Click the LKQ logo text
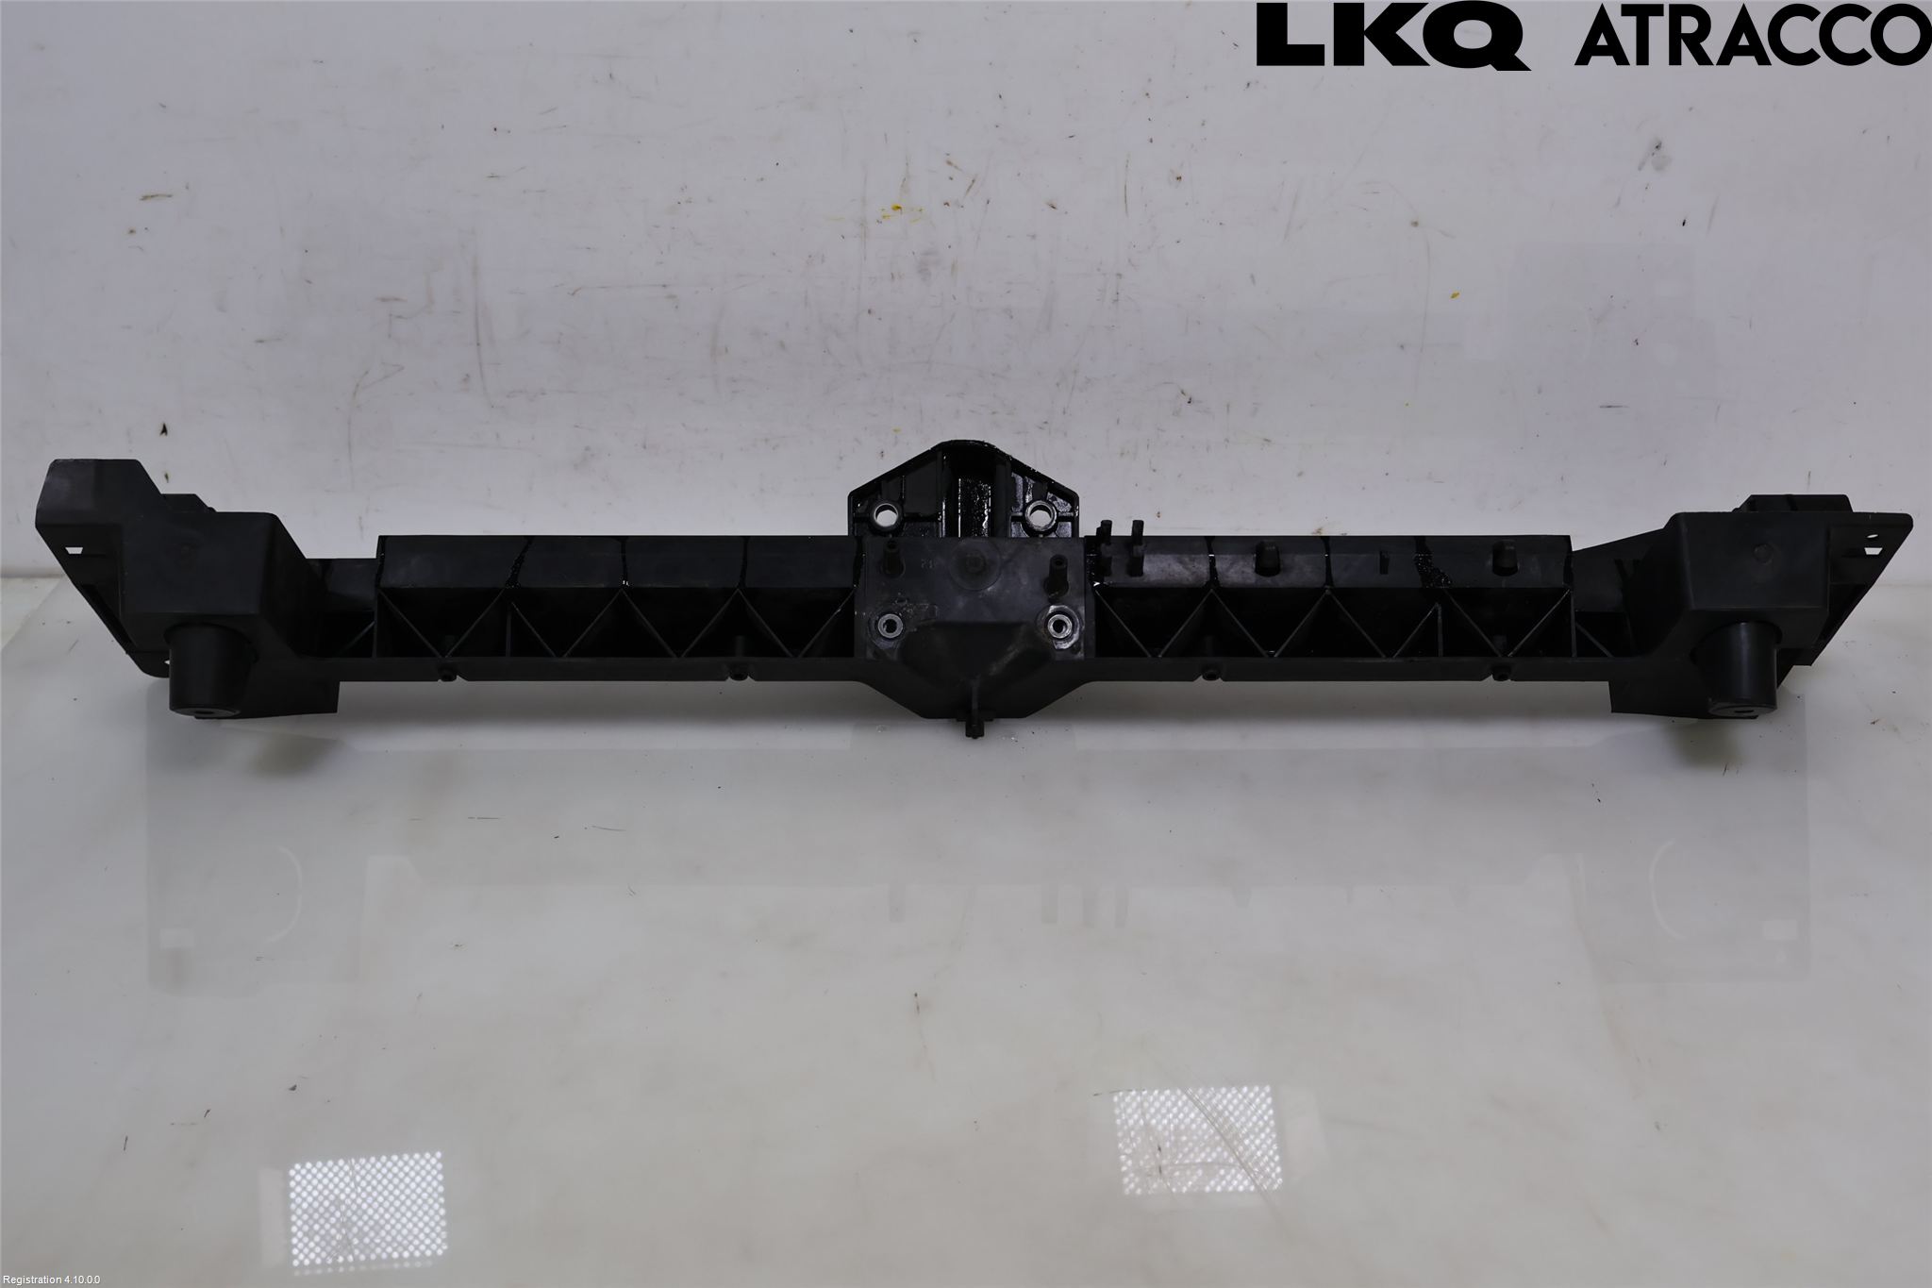[1392, 35]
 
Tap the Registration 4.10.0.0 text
[57, 1280]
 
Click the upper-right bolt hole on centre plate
[1041, 514]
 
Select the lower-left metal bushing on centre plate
[890, 625]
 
